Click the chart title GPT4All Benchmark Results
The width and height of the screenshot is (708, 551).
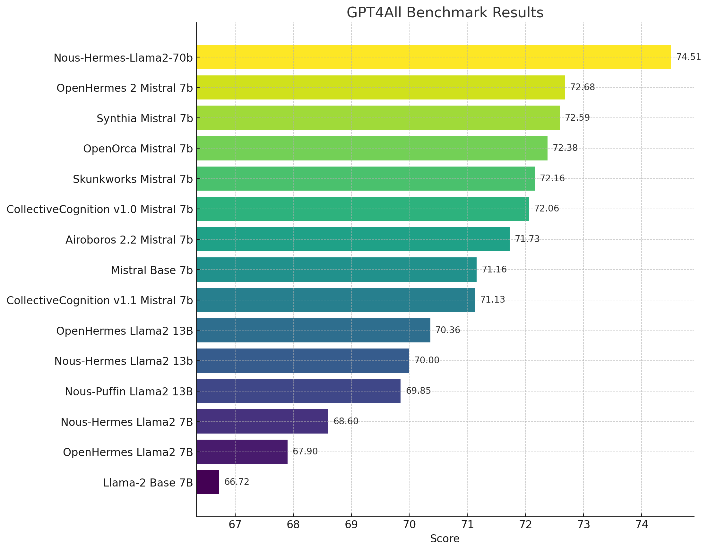pos(445,13)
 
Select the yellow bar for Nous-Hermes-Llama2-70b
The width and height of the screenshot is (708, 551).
pos(433,57)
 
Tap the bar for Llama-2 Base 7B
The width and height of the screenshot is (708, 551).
pos(208,482)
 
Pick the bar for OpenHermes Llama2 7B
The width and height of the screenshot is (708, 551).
pos(242,452)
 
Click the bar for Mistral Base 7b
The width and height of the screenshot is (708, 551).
pos(336,270)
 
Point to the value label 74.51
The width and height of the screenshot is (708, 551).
pos(688,57)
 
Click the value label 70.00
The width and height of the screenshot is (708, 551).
pos(427,360)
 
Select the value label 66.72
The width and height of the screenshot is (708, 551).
pos(237,482)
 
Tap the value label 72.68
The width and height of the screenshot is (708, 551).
pos(583,88)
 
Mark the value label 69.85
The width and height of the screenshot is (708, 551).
pos(419,391)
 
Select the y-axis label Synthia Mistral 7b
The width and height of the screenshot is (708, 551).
pos(144,119)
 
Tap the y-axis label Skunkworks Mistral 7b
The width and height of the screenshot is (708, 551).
pos(133,179)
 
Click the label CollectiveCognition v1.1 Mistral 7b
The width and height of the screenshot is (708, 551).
pos(99,300)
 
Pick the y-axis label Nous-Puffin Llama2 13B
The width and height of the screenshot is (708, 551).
pos(129,392)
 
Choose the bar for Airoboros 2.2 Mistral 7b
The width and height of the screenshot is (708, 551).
pos(353,239)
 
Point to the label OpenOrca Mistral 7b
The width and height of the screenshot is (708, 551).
pos(138,149)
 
